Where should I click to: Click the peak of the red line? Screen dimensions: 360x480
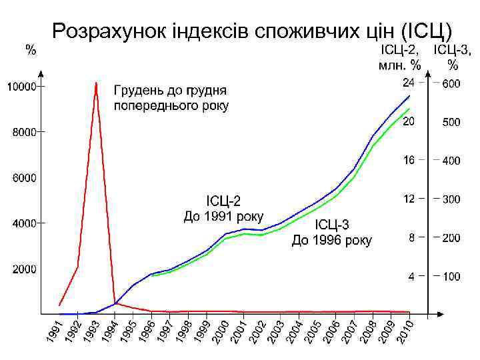96,83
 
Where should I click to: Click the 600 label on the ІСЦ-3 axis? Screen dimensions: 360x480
451,84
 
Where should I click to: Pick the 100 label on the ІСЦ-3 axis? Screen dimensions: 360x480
451,276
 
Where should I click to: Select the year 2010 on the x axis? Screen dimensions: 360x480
405,333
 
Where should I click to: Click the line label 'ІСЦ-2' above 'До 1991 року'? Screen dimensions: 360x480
223,200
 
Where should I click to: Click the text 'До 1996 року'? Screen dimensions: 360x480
332,240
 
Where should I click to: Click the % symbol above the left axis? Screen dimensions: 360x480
31,49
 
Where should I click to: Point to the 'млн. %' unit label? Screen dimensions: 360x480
399,65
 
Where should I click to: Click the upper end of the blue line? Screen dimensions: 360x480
409,96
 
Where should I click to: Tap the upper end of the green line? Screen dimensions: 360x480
409,109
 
